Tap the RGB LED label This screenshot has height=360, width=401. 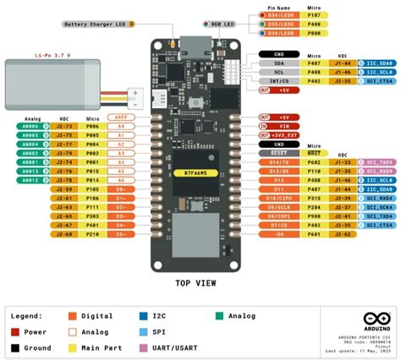coord(222,25)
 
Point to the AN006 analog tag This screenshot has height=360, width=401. coord(30,126)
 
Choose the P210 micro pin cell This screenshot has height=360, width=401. coord(92,236)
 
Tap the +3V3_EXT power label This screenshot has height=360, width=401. coord(281,134)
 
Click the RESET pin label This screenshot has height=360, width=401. coord(277,152)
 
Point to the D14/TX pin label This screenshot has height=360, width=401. coord(277,161)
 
